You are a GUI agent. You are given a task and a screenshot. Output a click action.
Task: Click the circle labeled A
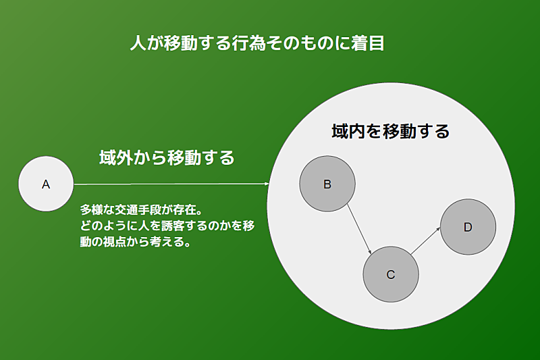46,184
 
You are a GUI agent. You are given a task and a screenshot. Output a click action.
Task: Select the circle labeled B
327,184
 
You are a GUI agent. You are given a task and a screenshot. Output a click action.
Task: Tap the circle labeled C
391,274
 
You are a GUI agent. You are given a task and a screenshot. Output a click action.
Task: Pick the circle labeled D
468,227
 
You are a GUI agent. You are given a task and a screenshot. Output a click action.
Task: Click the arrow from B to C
359,229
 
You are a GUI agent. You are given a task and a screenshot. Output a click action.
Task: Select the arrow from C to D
426,240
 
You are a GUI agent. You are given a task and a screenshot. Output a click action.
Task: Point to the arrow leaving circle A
171,184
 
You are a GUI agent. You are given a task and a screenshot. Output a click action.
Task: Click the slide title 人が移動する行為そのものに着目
257,43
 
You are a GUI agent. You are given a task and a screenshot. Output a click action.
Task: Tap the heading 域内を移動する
391,131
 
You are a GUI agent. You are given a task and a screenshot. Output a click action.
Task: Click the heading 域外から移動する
167,157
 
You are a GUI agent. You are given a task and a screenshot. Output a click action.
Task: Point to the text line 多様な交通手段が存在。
142,209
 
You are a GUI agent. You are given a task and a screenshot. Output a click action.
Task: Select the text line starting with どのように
167,226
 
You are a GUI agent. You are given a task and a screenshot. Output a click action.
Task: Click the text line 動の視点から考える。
136,242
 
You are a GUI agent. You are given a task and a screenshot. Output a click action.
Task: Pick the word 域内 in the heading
348,131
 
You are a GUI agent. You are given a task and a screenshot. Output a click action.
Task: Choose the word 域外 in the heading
115,157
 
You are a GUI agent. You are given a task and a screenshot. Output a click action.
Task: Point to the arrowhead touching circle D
438,228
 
